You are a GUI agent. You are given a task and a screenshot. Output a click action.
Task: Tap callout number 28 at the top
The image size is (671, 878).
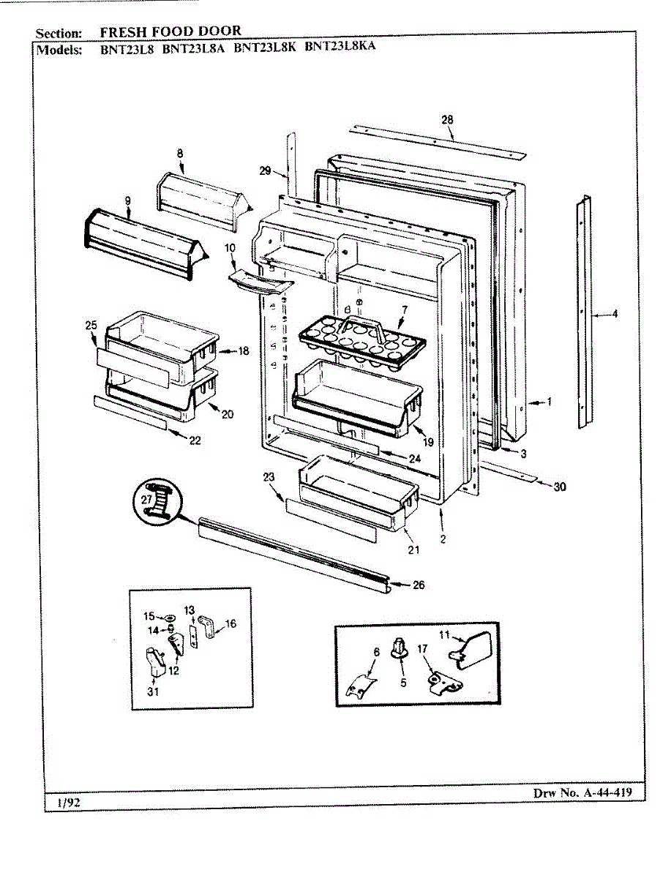point(448,119)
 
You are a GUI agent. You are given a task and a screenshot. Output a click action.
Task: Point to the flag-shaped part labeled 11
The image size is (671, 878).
point(472,650)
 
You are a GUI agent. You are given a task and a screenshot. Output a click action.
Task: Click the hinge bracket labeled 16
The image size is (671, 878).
point(209,629)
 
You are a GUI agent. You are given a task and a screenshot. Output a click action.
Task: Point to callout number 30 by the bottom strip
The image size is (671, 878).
point(560,487)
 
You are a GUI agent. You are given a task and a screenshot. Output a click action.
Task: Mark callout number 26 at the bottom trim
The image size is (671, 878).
point(419,585)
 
